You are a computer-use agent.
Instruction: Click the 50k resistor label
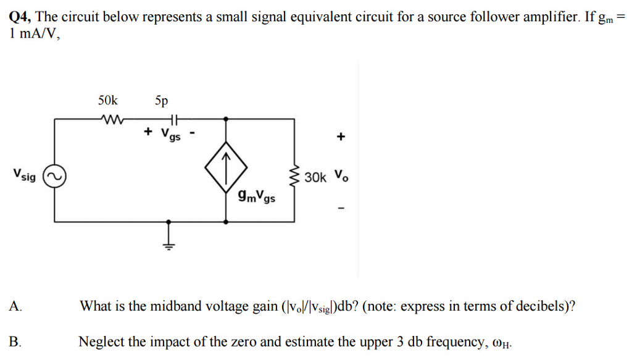tap(107, 100)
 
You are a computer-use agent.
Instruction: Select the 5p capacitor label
tap(161, 100)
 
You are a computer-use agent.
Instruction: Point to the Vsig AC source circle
tap(54, 177)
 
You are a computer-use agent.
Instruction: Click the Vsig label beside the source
tap(24, 175)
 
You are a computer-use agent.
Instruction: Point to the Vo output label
tap(341, 176)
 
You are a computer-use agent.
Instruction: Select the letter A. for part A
tap(15, 306)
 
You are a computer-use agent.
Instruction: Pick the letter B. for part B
tap(15, 341)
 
